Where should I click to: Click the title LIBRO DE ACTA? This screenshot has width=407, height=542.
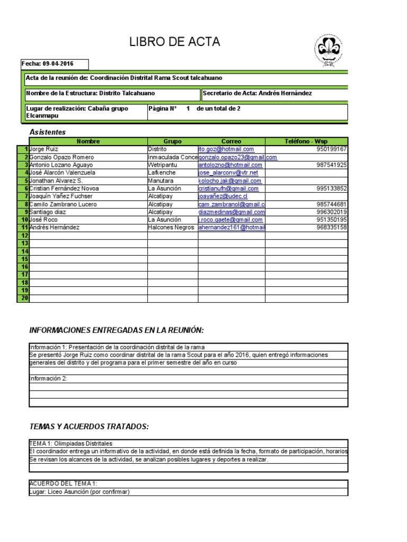click(174, 43)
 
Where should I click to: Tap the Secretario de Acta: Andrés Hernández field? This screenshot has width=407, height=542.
click(258, 94)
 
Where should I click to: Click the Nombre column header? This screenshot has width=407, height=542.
click(88, 142)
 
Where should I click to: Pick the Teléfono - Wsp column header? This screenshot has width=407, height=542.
click(307, 142)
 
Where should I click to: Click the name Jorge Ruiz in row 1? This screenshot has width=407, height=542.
click(45, 150)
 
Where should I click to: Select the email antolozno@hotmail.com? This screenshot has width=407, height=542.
click(226, 165)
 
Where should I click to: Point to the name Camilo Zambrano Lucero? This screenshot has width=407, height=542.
click(63, 204)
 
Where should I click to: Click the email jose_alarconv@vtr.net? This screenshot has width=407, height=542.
click(228, 173)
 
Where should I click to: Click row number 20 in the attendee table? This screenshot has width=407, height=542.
click(24, 298)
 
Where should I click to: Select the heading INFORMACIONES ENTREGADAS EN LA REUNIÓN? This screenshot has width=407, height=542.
click(116, 331)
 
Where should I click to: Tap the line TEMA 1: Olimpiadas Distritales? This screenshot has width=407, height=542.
click(70, 444)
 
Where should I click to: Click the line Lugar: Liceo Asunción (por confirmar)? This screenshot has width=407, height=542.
click(79, 492)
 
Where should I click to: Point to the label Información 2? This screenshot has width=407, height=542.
click(48, 378)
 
